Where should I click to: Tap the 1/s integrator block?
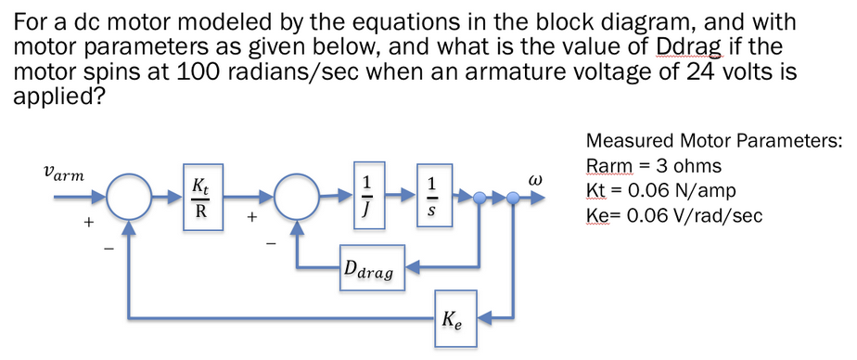click(x=430, y=197)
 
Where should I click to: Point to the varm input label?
click(x=63, y=174)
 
